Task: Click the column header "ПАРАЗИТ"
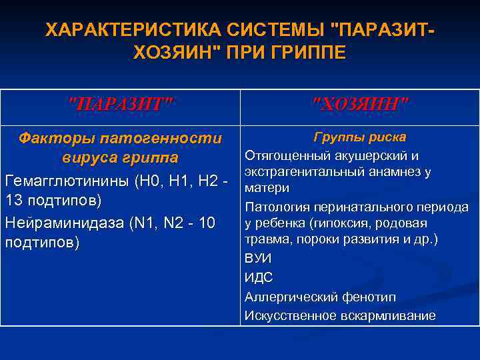[x=121, y=104]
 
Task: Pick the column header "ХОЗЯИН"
[x=360, y=104]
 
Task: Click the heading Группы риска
[x=360, y=137]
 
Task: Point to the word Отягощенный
[x=287, y=156]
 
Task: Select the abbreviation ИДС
[x=259, y=277]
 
